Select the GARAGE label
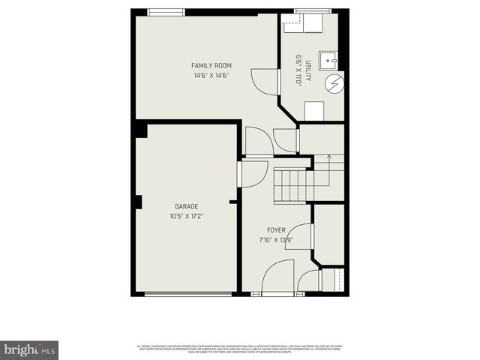point(187,206)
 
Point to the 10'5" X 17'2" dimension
point(187,216)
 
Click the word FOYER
point(276,229)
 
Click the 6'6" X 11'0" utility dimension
point(298,69)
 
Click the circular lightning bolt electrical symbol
point(334,84)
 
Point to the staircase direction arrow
point(328,162)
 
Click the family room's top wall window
point(166,11)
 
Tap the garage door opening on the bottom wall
point(187,295)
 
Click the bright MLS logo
point(29,349)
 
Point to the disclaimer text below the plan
point(240,349)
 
